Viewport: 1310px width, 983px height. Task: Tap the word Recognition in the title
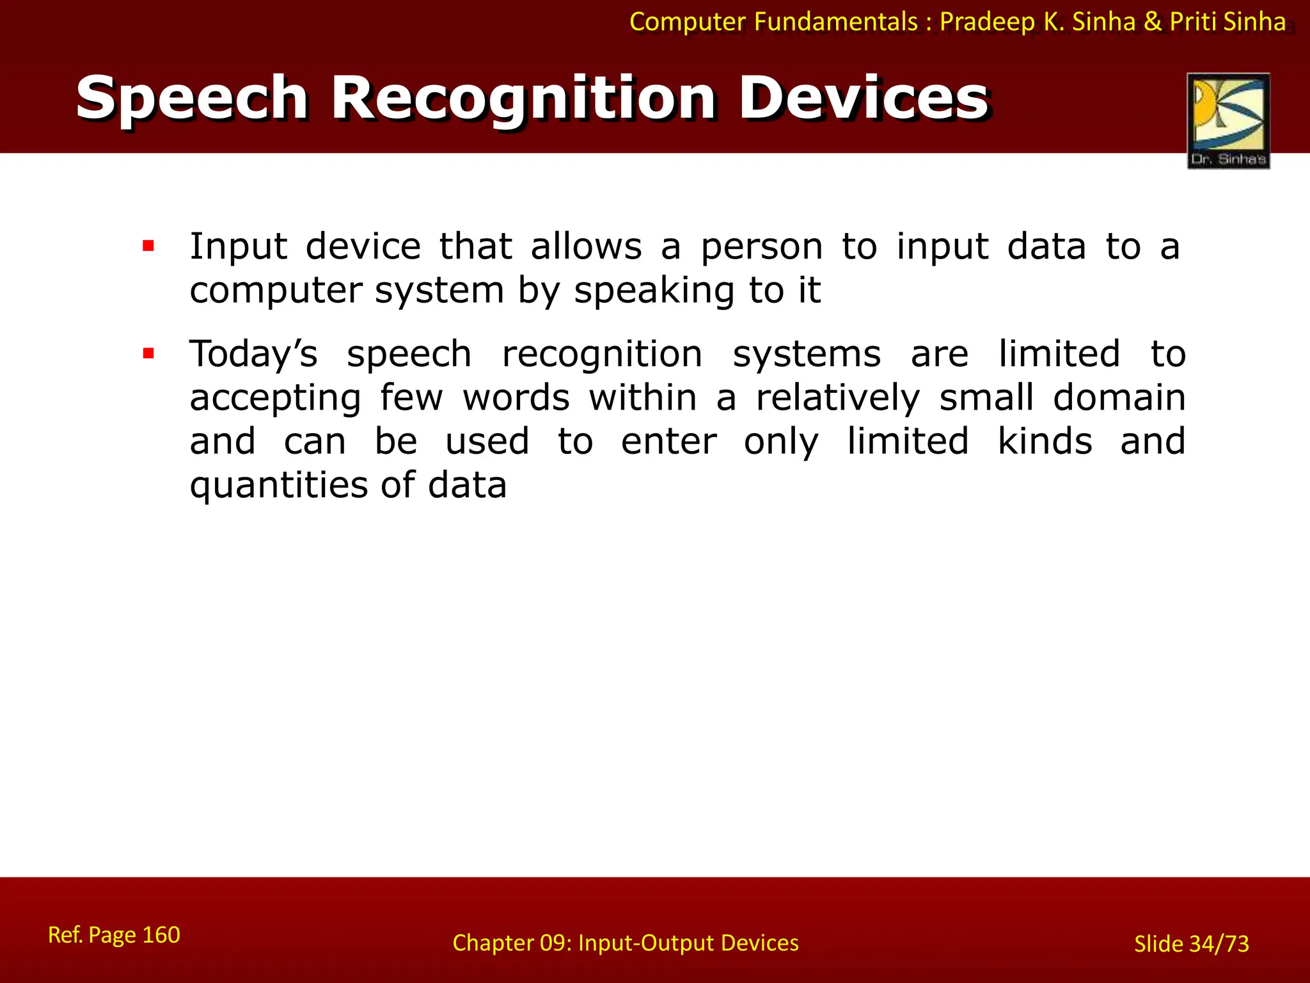[523, 99]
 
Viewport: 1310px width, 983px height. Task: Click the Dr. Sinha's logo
[1228, 120]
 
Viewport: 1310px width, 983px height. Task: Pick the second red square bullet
[148, 353]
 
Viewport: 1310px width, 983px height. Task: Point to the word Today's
[253, 355]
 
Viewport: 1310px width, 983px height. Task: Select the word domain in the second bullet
[1119, 398]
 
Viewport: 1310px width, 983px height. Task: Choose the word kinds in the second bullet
[1045, 442]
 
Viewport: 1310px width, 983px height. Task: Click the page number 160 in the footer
[161, 935]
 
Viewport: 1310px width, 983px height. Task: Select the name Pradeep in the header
[987, 22]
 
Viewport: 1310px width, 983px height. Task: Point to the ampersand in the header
[1153, 22]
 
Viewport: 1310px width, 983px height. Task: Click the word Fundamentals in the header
[836, 22]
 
